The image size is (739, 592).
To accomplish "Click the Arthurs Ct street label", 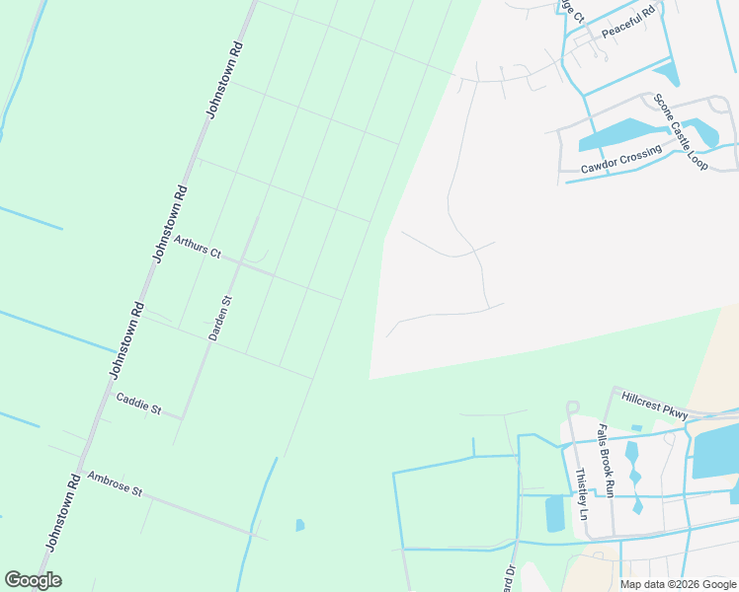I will point(197,246).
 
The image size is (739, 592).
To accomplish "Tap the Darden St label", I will point(219,319).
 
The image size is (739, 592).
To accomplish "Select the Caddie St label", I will point(138,404).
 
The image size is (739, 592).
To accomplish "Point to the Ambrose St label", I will point(115,483).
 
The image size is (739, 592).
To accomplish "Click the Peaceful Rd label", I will point(628,23).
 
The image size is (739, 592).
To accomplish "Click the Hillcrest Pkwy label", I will point(654,405).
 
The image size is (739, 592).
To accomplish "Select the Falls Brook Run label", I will point(606,461).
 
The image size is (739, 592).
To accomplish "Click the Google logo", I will point(33,580).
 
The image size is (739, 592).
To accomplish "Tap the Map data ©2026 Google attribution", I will point(679,584).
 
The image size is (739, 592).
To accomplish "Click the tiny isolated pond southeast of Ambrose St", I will point(299,525).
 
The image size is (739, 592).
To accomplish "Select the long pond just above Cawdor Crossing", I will point(617,133).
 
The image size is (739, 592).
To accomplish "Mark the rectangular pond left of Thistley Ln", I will point(555,513).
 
